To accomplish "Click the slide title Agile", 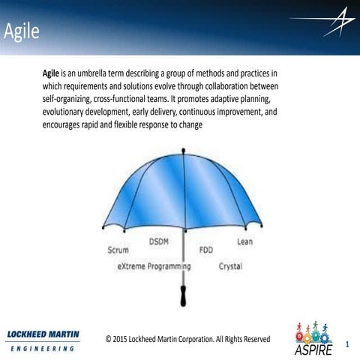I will click(20, 32).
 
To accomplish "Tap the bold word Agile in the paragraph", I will click(52, 74).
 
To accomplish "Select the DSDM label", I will click(159, 241).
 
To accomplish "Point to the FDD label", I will click(205, 250).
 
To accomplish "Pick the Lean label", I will click(244, 241).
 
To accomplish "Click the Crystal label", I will click(230, 266).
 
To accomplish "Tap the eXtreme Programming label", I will click(154, 266).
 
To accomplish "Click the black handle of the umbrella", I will click(184, 295).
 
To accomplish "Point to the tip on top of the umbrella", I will click(184, 151).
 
